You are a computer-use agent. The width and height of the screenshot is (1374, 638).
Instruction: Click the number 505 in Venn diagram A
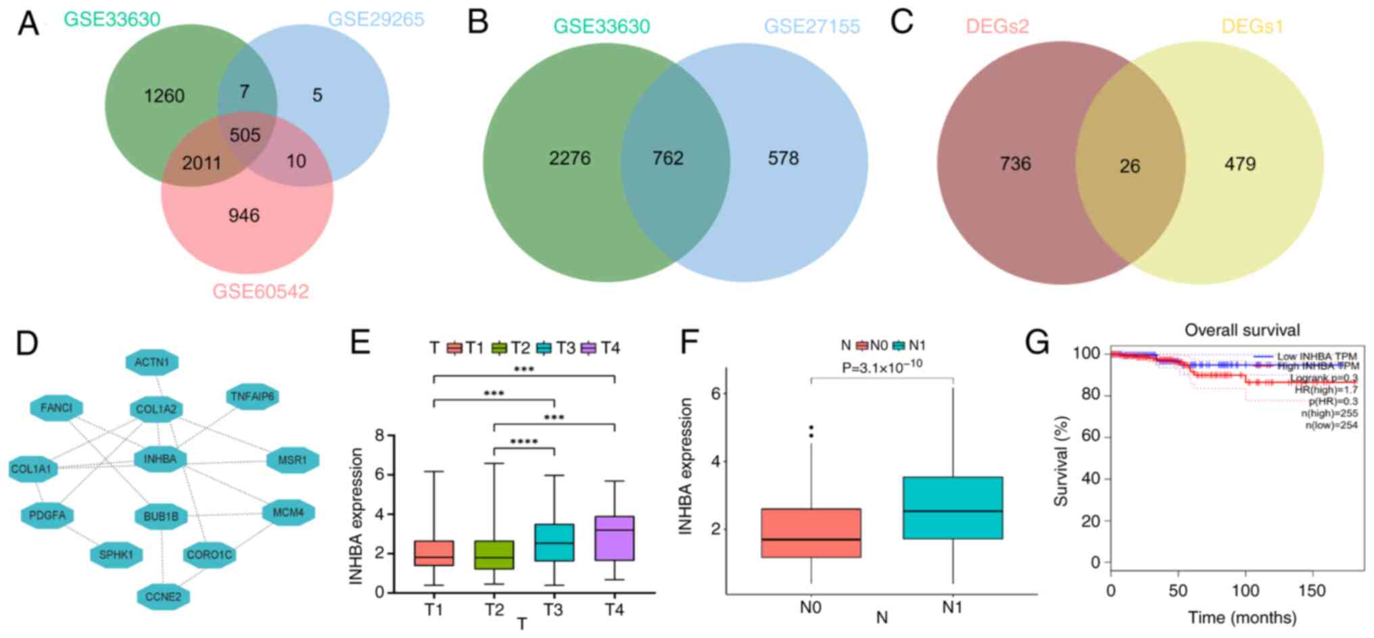point(245,135)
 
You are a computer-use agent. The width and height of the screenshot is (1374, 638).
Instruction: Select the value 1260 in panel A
point(164,96)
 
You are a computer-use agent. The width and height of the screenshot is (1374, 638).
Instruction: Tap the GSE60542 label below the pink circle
point(260,292)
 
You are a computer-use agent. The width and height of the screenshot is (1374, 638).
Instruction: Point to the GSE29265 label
point(376,19)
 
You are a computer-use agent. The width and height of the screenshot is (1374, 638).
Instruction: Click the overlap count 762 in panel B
point(667,158)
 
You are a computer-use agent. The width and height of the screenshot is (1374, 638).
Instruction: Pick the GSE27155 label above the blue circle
point(811,26)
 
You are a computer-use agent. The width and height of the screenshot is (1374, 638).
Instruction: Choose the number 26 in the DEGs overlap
point(1129,166)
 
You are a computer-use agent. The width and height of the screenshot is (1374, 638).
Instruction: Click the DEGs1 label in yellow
point(1252,26)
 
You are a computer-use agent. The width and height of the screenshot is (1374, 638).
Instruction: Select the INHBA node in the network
point(160,460)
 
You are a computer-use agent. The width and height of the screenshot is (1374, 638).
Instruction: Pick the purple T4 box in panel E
point(614,538)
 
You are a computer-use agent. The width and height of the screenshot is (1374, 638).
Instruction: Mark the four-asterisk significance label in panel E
point(524,443)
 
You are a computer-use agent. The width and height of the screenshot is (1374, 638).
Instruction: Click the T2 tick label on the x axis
point(494,610)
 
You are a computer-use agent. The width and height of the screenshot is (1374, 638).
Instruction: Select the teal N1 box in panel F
point(952,508)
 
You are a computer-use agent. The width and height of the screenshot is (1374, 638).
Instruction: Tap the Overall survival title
point(1241,330)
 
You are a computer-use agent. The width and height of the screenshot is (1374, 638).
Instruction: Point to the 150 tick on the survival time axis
point(1311,591)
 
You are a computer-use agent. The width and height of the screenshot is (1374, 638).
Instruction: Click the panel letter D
point(28,343)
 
